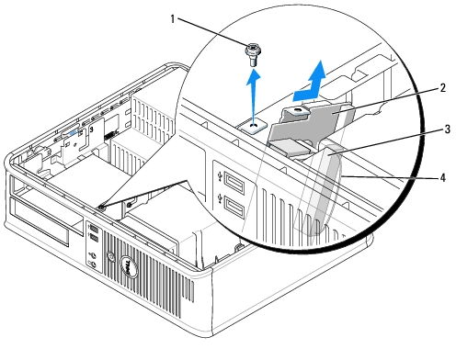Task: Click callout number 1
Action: [x=173, y=19]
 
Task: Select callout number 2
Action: [x=442, y=88]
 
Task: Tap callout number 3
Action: [x=447, y=129]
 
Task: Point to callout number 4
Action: [x=442, y=178]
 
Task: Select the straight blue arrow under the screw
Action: [x=254, y=95]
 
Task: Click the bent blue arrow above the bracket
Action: [x=310, y=83]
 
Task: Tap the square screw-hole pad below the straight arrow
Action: [x=254, y=126]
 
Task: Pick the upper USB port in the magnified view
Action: [x=234, y=181]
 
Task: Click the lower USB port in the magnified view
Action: [x=234, y=208]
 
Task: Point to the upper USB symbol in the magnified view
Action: [x=220, y=176]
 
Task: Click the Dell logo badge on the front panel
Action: [x=129, y=266]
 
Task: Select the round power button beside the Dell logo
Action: [x=110, y=256]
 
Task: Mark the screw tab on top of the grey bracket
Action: [x=296, y=111]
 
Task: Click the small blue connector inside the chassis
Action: [x=74, y=133]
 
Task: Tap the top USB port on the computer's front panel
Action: [x=94, y=229]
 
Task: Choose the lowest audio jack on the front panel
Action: [x=93, y=264]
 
